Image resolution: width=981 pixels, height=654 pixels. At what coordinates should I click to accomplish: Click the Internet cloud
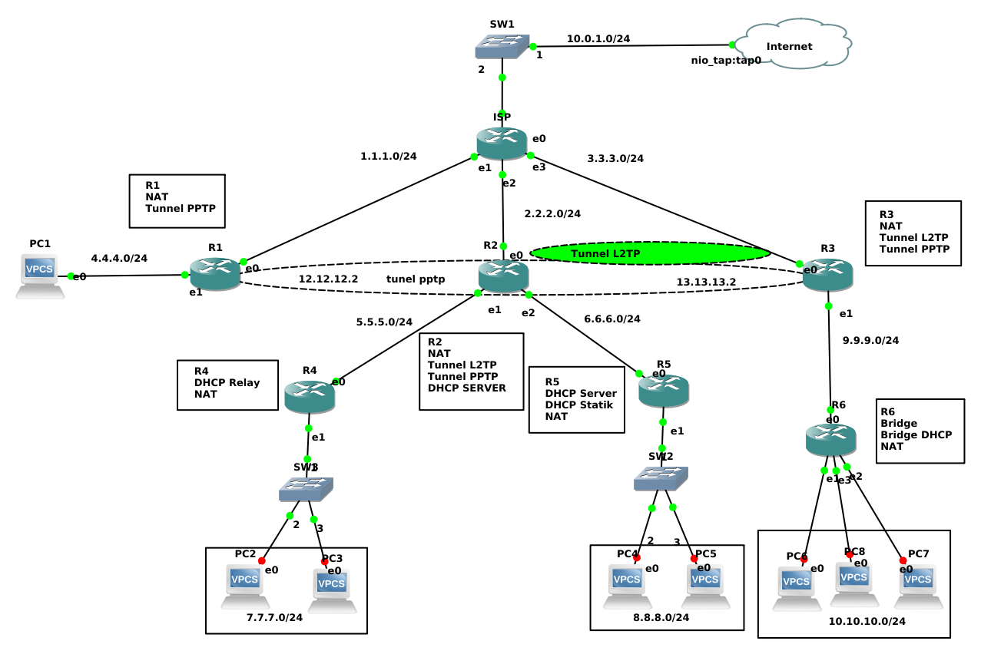click(791, 45)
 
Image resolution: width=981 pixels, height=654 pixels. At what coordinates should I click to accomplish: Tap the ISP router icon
click(502, 144)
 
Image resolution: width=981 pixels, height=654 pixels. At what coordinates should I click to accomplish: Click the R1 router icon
click(216, 274)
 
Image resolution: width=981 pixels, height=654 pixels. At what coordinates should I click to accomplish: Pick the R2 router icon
click(503, 276)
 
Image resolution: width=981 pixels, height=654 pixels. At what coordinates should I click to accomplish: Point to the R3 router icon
click(827, 275)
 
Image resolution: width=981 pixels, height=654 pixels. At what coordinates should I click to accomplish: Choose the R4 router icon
click(310, 397)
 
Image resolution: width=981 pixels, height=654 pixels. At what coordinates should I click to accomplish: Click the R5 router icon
click(664, 391)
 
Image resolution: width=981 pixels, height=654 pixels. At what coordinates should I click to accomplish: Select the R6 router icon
click(830, 439)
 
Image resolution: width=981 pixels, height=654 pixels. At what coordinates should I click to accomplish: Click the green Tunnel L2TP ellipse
click(650, 253)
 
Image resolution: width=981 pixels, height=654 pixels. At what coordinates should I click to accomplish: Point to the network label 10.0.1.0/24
click(598, 38)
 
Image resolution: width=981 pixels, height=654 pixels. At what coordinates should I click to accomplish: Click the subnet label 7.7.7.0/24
click(274, 617)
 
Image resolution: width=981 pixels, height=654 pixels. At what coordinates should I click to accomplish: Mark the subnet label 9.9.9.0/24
click(870, 340)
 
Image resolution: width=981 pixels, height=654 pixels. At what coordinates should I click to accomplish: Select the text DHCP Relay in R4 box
click(227, 382)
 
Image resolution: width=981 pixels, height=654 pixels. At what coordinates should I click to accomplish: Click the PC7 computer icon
click(919, 586)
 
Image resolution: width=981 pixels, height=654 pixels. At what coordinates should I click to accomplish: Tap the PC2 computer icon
click(245, 586)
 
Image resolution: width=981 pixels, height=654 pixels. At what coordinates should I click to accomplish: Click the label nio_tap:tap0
click(726, 60)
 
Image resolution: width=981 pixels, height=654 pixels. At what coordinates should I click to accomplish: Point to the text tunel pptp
click(416, 279)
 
